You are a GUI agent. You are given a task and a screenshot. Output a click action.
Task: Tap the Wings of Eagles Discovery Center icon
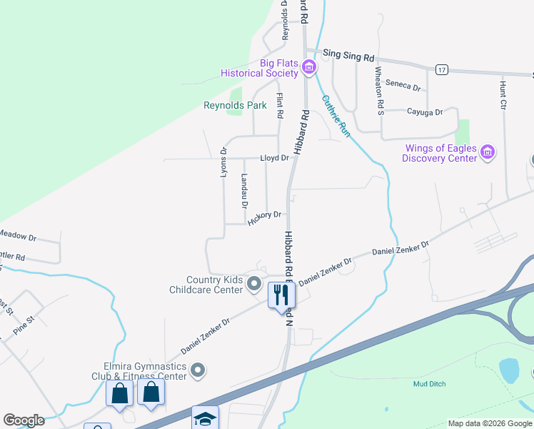488,152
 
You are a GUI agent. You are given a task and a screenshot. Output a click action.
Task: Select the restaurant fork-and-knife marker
281,294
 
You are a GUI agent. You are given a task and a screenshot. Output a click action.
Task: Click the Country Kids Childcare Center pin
253,285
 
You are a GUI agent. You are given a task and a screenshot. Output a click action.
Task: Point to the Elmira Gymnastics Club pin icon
198,370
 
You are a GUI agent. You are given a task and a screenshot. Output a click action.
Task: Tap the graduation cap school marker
205,419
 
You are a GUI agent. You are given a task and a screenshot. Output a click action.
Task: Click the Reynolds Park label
235,106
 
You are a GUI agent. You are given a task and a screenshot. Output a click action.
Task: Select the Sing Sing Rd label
348,54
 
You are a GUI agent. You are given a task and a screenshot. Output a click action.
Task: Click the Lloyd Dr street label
274,158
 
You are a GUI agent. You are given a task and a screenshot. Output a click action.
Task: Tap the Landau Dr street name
244,191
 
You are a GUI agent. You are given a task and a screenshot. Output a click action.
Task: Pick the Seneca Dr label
403,84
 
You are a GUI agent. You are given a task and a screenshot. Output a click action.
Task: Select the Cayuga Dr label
425,112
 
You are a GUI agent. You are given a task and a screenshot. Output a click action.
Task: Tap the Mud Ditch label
429,384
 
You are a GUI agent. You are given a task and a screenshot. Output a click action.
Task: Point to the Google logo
24,420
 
